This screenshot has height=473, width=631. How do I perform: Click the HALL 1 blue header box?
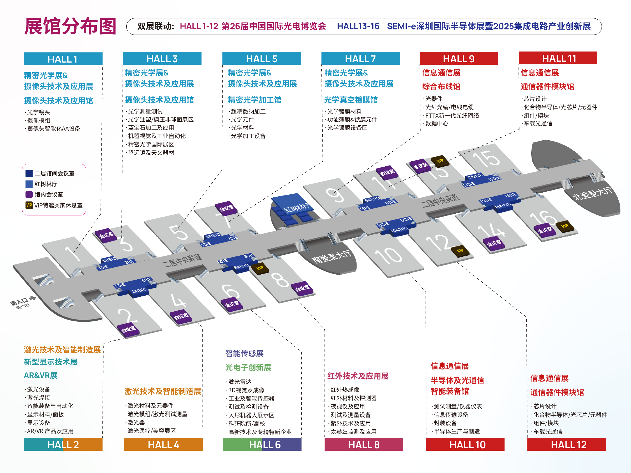click(63, 59)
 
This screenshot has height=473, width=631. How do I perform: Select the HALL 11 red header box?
click(558, 58)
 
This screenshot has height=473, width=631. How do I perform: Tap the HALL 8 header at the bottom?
click(364, 445)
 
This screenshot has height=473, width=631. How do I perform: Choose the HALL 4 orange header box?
click(164, 445)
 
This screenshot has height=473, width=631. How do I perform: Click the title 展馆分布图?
click(70, 26)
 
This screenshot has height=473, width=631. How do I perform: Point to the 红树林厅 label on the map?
click(296, 208)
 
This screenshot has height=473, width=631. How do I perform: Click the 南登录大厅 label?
click(332, 256)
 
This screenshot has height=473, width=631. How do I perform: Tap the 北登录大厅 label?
click(593, 193)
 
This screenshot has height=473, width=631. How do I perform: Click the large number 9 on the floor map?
click(335, 195)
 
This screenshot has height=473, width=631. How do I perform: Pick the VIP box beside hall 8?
click(259, 268)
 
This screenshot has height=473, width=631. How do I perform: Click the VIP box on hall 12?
click(460, 251)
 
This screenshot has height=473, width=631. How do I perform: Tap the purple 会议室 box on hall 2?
click(128, 329)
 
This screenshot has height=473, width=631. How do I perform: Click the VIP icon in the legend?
click(29, 205)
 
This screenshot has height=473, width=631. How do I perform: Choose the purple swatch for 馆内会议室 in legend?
click(29, 194)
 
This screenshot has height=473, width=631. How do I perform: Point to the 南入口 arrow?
click(32, 299)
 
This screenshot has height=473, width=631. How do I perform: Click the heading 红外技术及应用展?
click(358, 376)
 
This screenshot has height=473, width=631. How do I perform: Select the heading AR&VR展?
click(40, 375)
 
